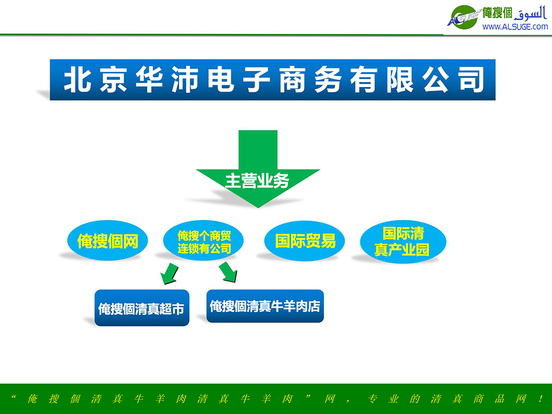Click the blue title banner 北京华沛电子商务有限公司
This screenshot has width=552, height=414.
(x=273, y=80)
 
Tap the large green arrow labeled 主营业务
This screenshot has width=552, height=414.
(x=258, y=169)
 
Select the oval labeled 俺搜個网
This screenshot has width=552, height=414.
(x=108, y=241)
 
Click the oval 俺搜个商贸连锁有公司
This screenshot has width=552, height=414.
(x=204, y=241)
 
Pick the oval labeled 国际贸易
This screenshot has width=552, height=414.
(x=304, y=241)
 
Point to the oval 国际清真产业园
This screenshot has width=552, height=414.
(x=403, y=242)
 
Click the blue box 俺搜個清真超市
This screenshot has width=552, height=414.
(x=142, y=308)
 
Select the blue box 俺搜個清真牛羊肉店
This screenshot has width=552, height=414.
(x=265, y=306)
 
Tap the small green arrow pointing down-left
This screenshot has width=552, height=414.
(x=170, y=273)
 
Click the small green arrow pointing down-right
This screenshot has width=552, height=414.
(x=228, y=272)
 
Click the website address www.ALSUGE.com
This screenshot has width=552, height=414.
(x=515, y=27)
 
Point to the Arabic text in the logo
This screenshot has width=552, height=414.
(x=530, y=13)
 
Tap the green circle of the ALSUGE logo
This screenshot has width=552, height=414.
(x=464, y=17)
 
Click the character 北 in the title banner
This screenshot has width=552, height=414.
(x=78, y=80)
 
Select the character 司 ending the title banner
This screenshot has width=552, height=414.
(x=471, y=80)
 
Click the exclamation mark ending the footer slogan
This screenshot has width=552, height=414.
(x=540, y=398)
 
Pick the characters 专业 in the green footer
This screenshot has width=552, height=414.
(x=382, y=398)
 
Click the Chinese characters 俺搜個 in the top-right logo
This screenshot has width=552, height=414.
(x=497, y=13)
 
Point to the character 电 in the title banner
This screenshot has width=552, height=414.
(x=221, y=80)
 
